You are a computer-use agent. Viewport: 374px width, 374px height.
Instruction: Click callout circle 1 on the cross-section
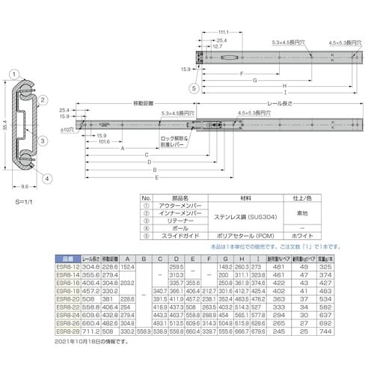tap(14, 75)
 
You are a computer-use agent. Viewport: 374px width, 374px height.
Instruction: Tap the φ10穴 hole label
tap(65, 129)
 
